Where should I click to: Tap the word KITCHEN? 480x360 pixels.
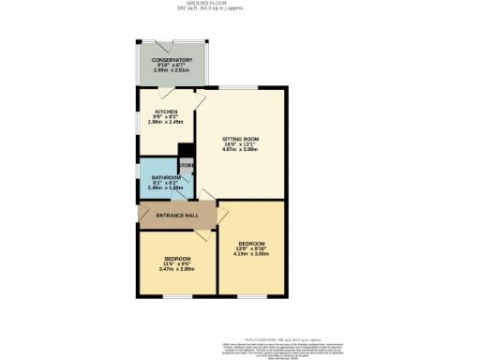pos(166,112)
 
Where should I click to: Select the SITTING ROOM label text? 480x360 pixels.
pos(240,139)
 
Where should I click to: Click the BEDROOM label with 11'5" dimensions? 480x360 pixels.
pos(177,258)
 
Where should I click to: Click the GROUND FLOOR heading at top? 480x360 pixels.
pos(239,4)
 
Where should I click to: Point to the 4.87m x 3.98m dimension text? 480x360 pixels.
pos(240,150)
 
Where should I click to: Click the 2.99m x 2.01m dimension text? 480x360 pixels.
pos(172,69)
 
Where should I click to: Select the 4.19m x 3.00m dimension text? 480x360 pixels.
pos(250,253)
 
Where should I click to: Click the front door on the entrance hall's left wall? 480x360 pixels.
pos(139,215)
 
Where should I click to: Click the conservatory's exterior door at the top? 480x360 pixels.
pos(172,41)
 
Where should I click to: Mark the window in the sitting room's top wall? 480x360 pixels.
pos(251,87)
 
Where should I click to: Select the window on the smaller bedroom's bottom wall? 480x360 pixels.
pos(177,295)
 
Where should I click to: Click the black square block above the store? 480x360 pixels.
pos(186,150)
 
